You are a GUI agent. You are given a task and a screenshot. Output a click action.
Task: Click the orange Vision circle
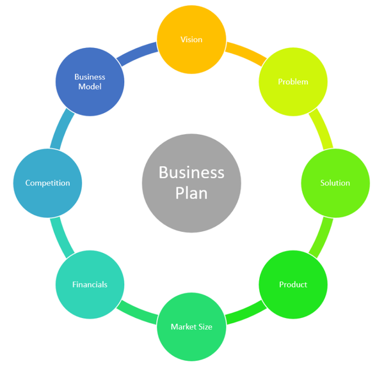point(191,40)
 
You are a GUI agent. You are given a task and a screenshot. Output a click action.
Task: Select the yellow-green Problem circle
point(293,82)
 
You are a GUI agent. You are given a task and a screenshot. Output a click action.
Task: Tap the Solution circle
point(335,183)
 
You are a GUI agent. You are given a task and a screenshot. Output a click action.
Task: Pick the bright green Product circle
point(293,284)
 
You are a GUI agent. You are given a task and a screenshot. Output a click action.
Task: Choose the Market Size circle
point(191,326)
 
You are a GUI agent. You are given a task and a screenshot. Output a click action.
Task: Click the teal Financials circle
point(90,284)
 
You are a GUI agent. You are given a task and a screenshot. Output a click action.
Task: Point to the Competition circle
point(48,183)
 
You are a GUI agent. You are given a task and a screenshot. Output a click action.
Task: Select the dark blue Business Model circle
point(90,82)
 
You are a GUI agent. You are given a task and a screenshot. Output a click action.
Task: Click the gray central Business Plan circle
point(191,183)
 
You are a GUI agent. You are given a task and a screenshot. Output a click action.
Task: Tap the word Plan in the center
point(191,192)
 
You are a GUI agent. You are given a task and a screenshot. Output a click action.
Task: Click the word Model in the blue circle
point(90,87)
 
